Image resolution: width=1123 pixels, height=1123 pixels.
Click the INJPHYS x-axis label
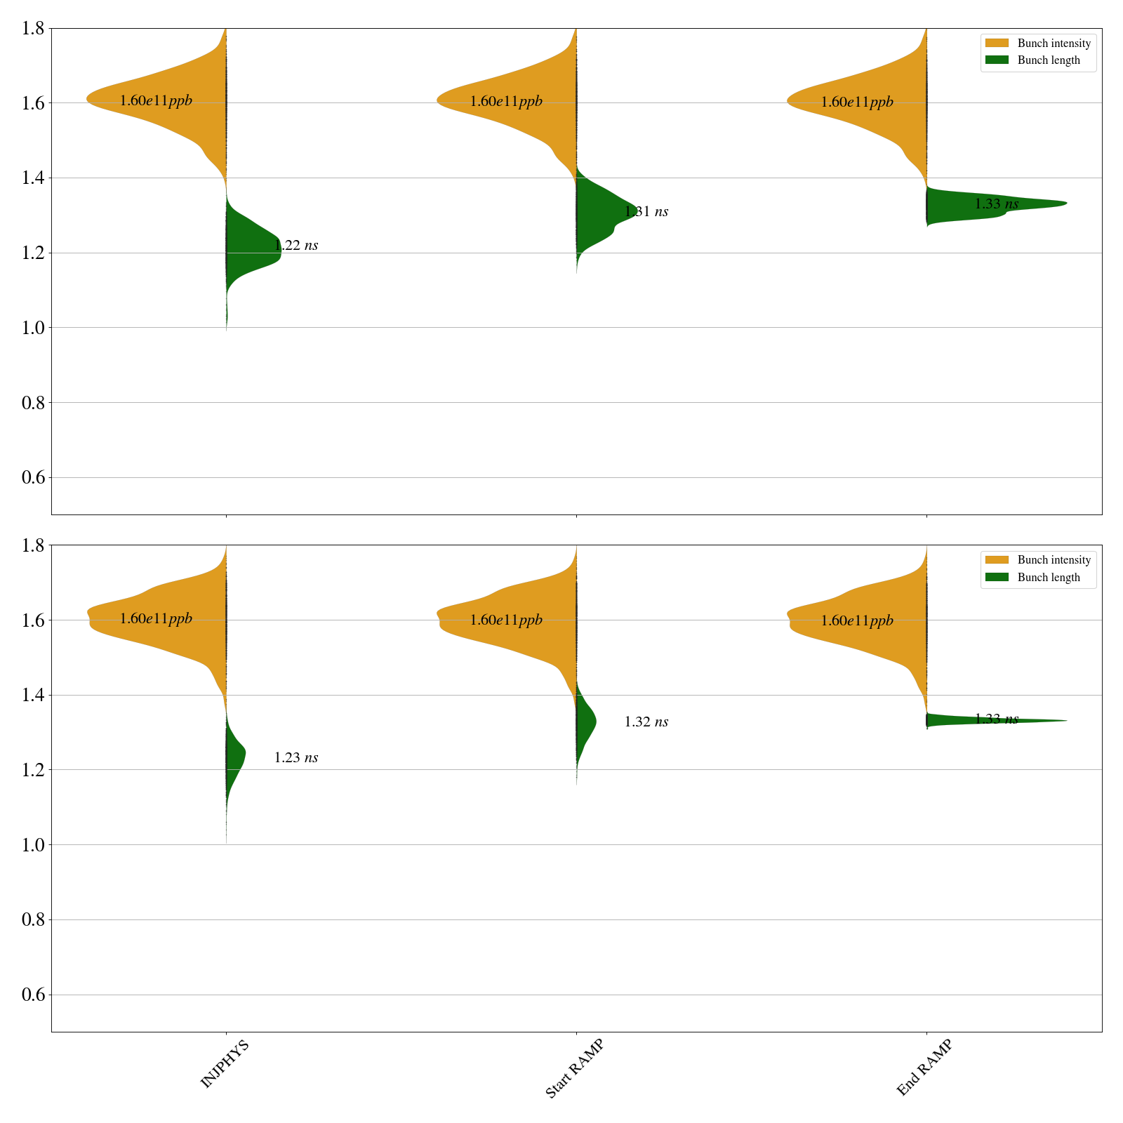click(x=225, y=1065)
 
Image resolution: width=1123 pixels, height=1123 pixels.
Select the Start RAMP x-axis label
click(x=574, y=1068)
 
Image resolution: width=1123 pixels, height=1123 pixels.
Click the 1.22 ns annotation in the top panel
click(x=296, y=246)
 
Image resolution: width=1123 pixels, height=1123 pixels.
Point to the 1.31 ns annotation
click(x=646, y=212)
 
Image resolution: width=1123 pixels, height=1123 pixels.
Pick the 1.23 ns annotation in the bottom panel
click(x=296, y=758)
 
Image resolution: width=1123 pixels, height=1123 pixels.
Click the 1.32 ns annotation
click(x=646, y=722)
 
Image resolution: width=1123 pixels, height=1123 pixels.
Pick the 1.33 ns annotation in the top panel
click(x=997, y=204)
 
